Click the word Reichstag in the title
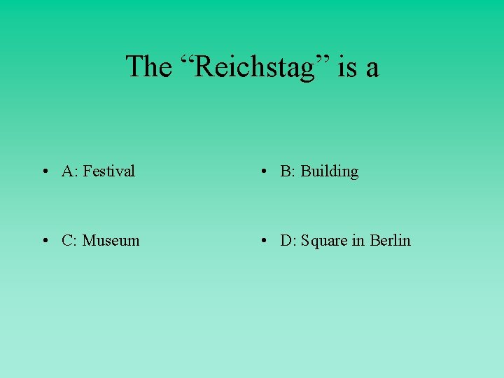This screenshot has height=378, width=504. pyautogui.click(x=255, y=67)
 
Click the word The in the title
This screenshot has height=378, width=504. pyautogui.click(x=148, y=67)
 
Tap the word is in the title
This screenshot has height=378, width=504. pyautogui.click(x=346, y=67)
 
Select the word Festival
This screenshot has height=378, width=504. pyautogui.click(x=108, y=171)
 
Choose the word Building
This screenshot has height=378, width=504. pyautogui.click(x=329, y=171)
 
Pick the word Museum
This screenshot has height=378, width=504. pyautogui.click(x=111, y=241)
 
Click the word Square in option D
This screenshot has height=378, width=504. pyautogui.click(x=324, y=241)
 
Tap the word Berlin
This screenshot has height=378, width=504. pyautogui.click(x=390, y=241)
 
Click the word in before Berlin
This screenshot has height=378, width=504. pyautogui.click(x=358, y=241)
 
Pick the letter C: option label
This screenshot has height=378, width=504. pyautogui.click(x=69, y=241)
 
